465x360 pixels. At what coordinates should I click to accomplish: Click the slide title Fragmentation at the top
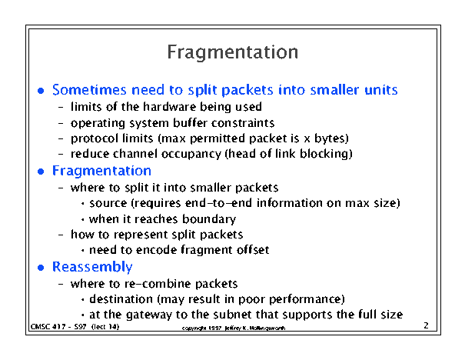point(232,53)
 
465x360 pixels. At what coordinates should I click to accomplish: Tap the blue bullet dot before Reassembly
point(41,268)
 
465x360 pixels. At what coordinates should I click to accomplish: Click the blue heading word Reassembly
point(92,267)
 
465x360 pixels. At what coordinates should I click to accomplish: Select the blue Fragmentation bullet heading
point(101,171)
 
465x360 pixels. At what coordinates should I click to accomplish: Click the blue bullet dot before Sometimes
point(41,91)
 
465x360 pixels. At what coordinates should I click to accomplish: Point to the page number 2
point(426,325)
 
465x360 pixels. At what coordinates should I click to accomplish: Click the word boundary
point(209,219)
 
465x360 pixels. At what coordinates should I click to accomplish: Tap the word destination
point(121,299)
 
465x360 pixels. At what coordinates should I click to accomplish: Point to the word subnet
point(235,315)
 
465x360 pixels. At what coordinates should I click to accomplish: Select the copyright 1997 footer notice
point(234,328)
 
